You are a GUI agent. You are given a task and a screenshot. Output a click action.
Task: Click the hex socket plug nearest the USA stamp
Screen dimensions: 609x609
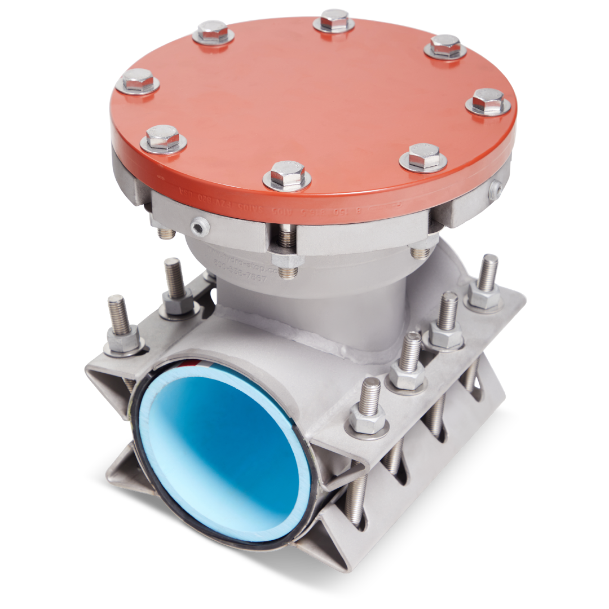click(x=198, y=227)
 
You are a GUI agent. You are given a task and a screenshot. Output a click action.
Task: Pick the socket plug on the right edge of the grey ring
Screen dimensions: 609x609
click(x=496, y=189)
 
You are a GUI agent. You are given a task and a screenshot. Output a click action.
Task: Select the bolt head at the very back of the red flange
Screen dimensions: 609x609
click(x=334, y=20)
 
